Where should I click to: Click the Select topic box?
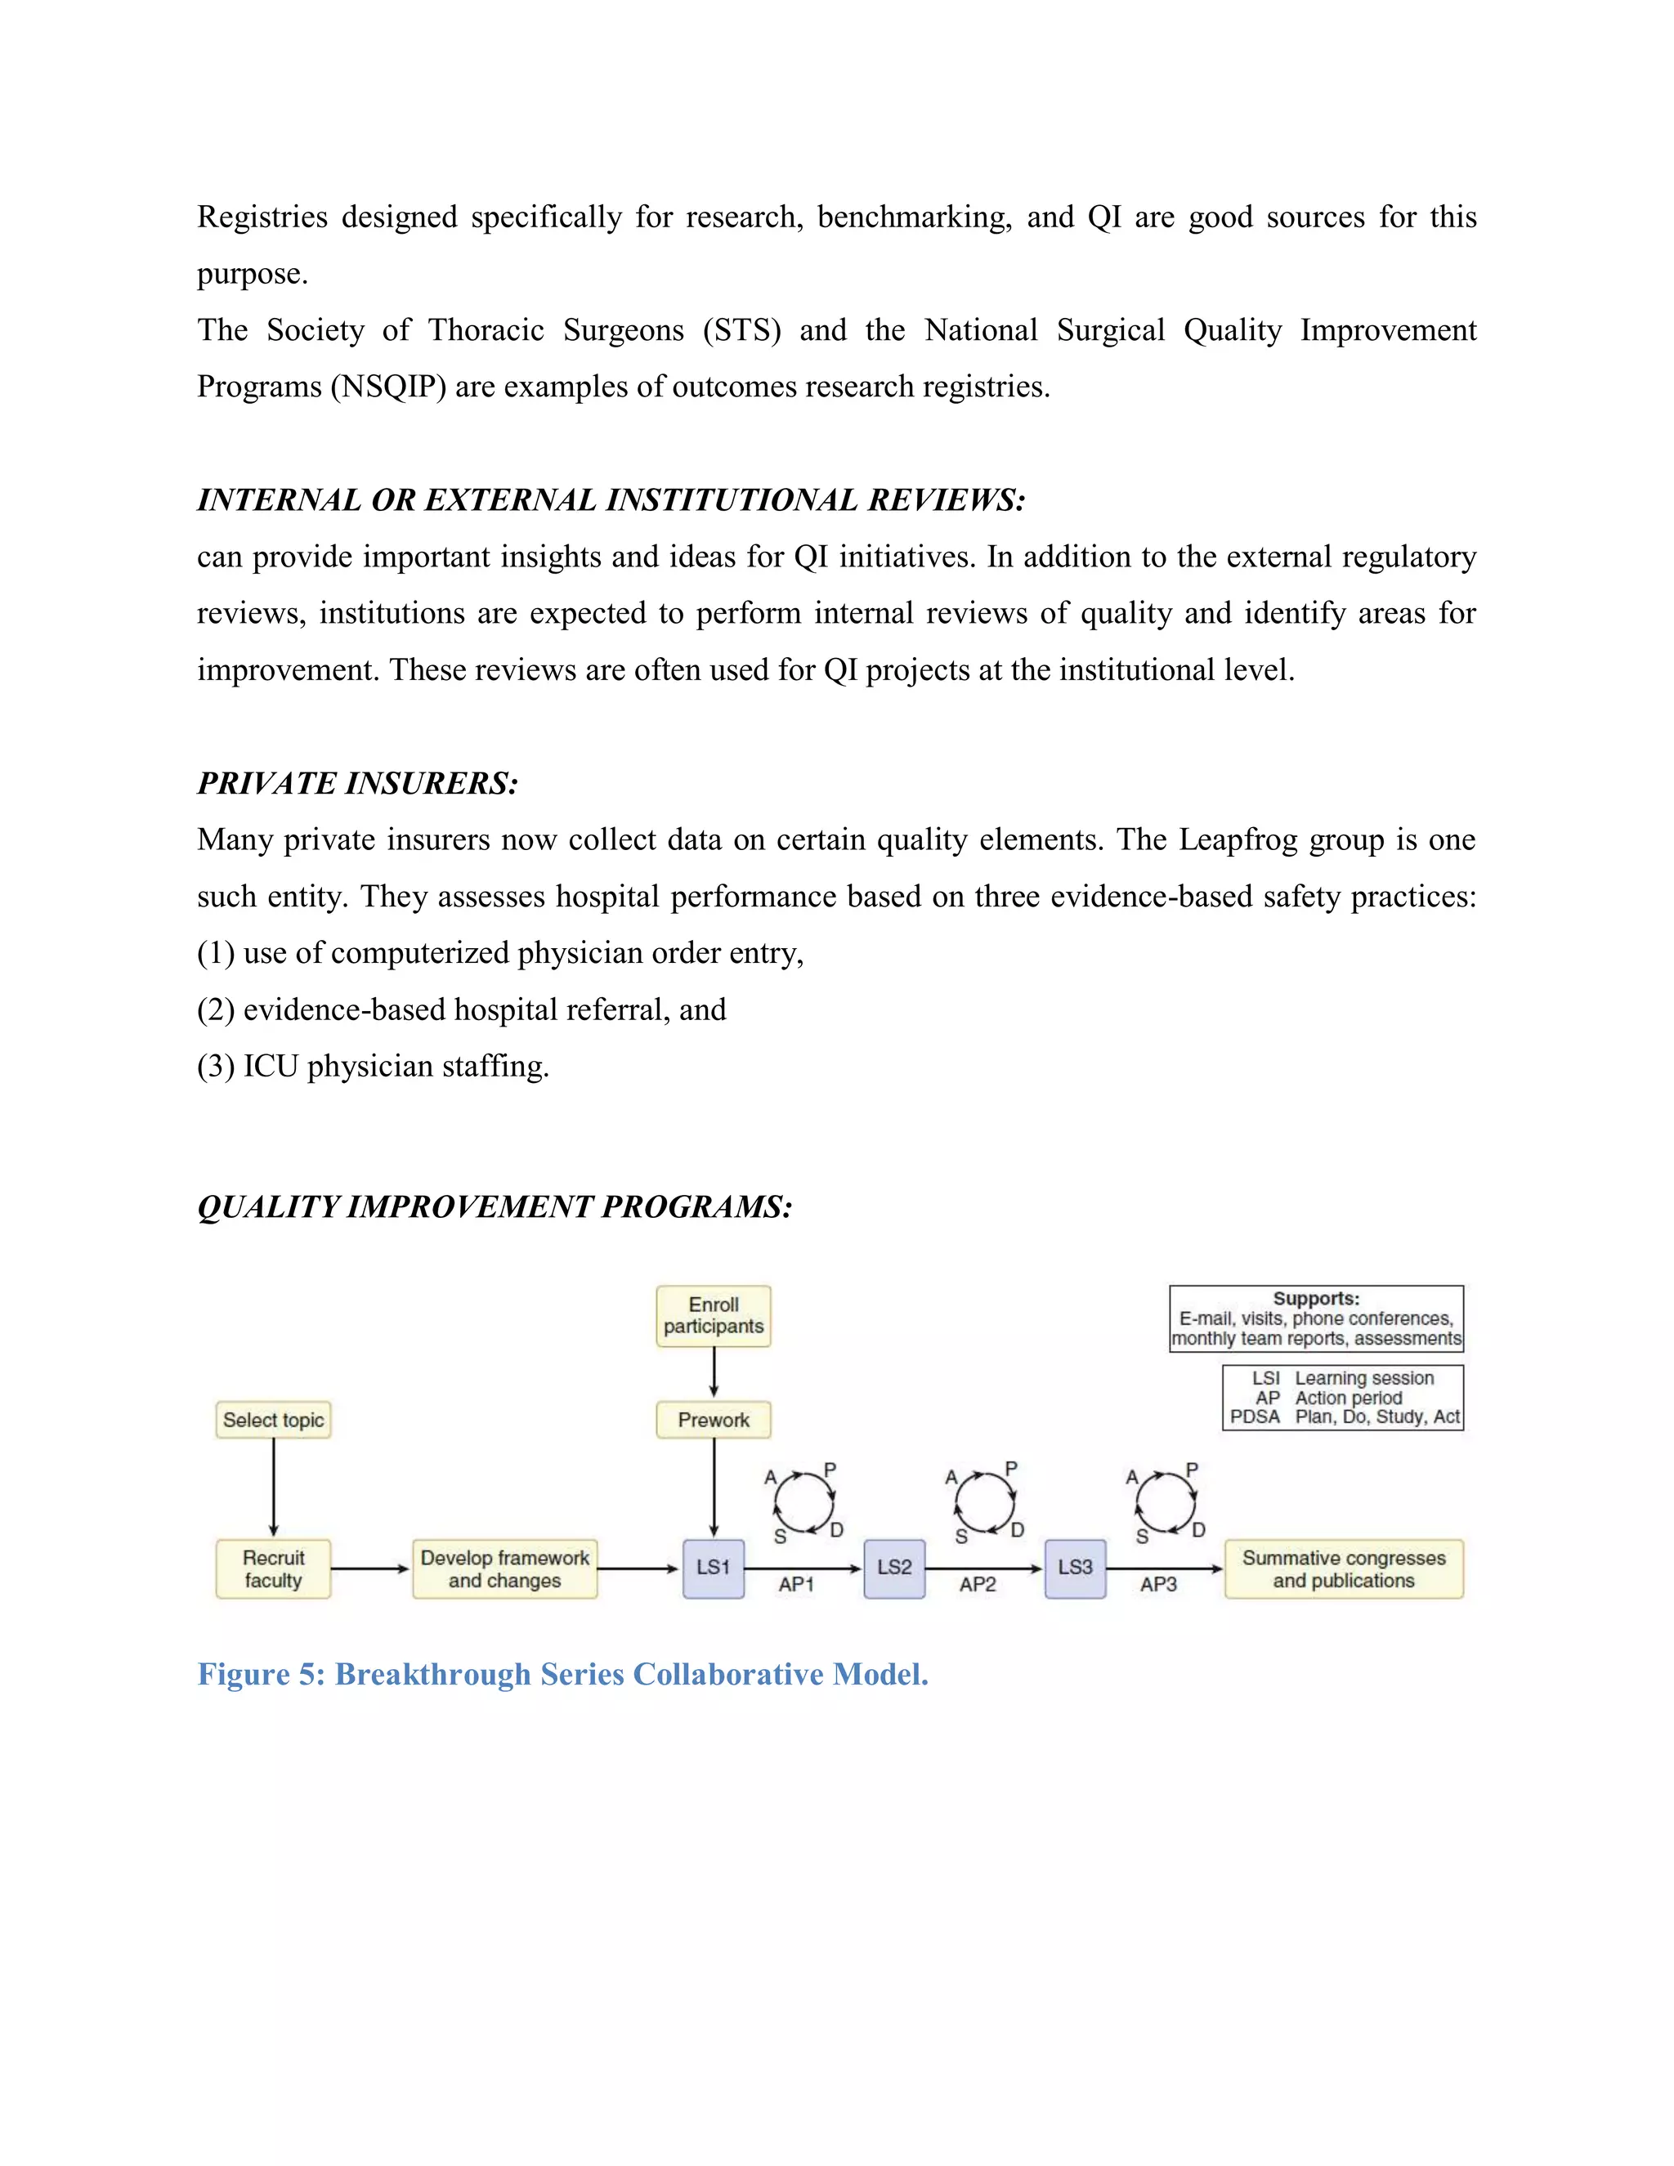(273, 1419)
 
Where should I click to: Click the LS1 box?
(713, 1568)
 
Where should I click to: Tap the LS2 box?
(893, 1568)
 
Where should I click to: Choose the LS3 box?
(1075, 1568)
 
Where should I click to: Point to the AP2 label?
(977, 1584)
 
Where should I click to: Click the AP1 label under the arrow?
(796, 1584)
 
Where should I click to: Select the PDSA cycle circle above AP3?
(1166, 1503)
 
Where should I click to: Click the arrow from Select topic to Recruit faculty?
(274, 1488)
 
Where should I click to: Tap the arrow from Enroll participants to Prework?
(714, 1372)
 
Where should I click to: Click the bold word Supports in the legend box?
(1316, 1298)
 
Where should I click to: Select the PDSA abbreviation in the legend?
(1255, 1416)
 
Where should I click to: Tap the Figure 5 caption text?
(562, 1673)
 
